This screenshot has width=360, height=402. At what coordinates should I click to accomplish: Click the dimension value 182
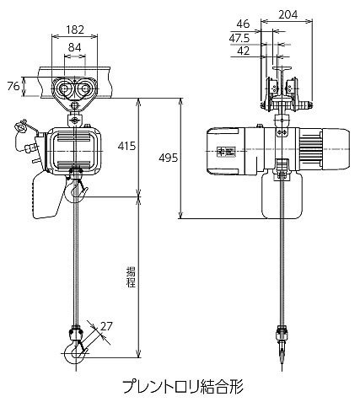[75, 29]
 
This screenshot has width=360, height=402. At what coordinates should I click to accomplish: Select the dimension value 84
[75, 47]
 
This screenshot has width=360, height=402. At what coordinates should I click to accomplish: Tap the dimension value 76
[13, 87]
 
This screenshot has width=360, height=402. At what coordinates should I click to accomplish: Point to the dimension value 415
[126, 146]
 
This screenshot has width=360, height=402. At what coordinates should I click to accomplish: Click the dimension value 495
[169, 158]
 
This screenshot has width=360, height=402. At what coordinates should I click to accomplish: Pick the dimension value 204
[288, 14]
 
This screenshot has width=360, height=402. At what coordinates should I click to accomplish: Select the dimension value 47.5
[239, 38]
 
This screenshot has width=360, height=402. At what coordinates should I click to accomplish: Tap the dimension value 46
[243, 24]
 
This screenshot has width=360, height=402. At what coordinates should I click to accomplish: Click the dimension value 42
[244, 51]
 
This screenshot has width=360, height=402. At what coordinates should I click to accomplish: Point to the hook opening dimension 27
[106, 326]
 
